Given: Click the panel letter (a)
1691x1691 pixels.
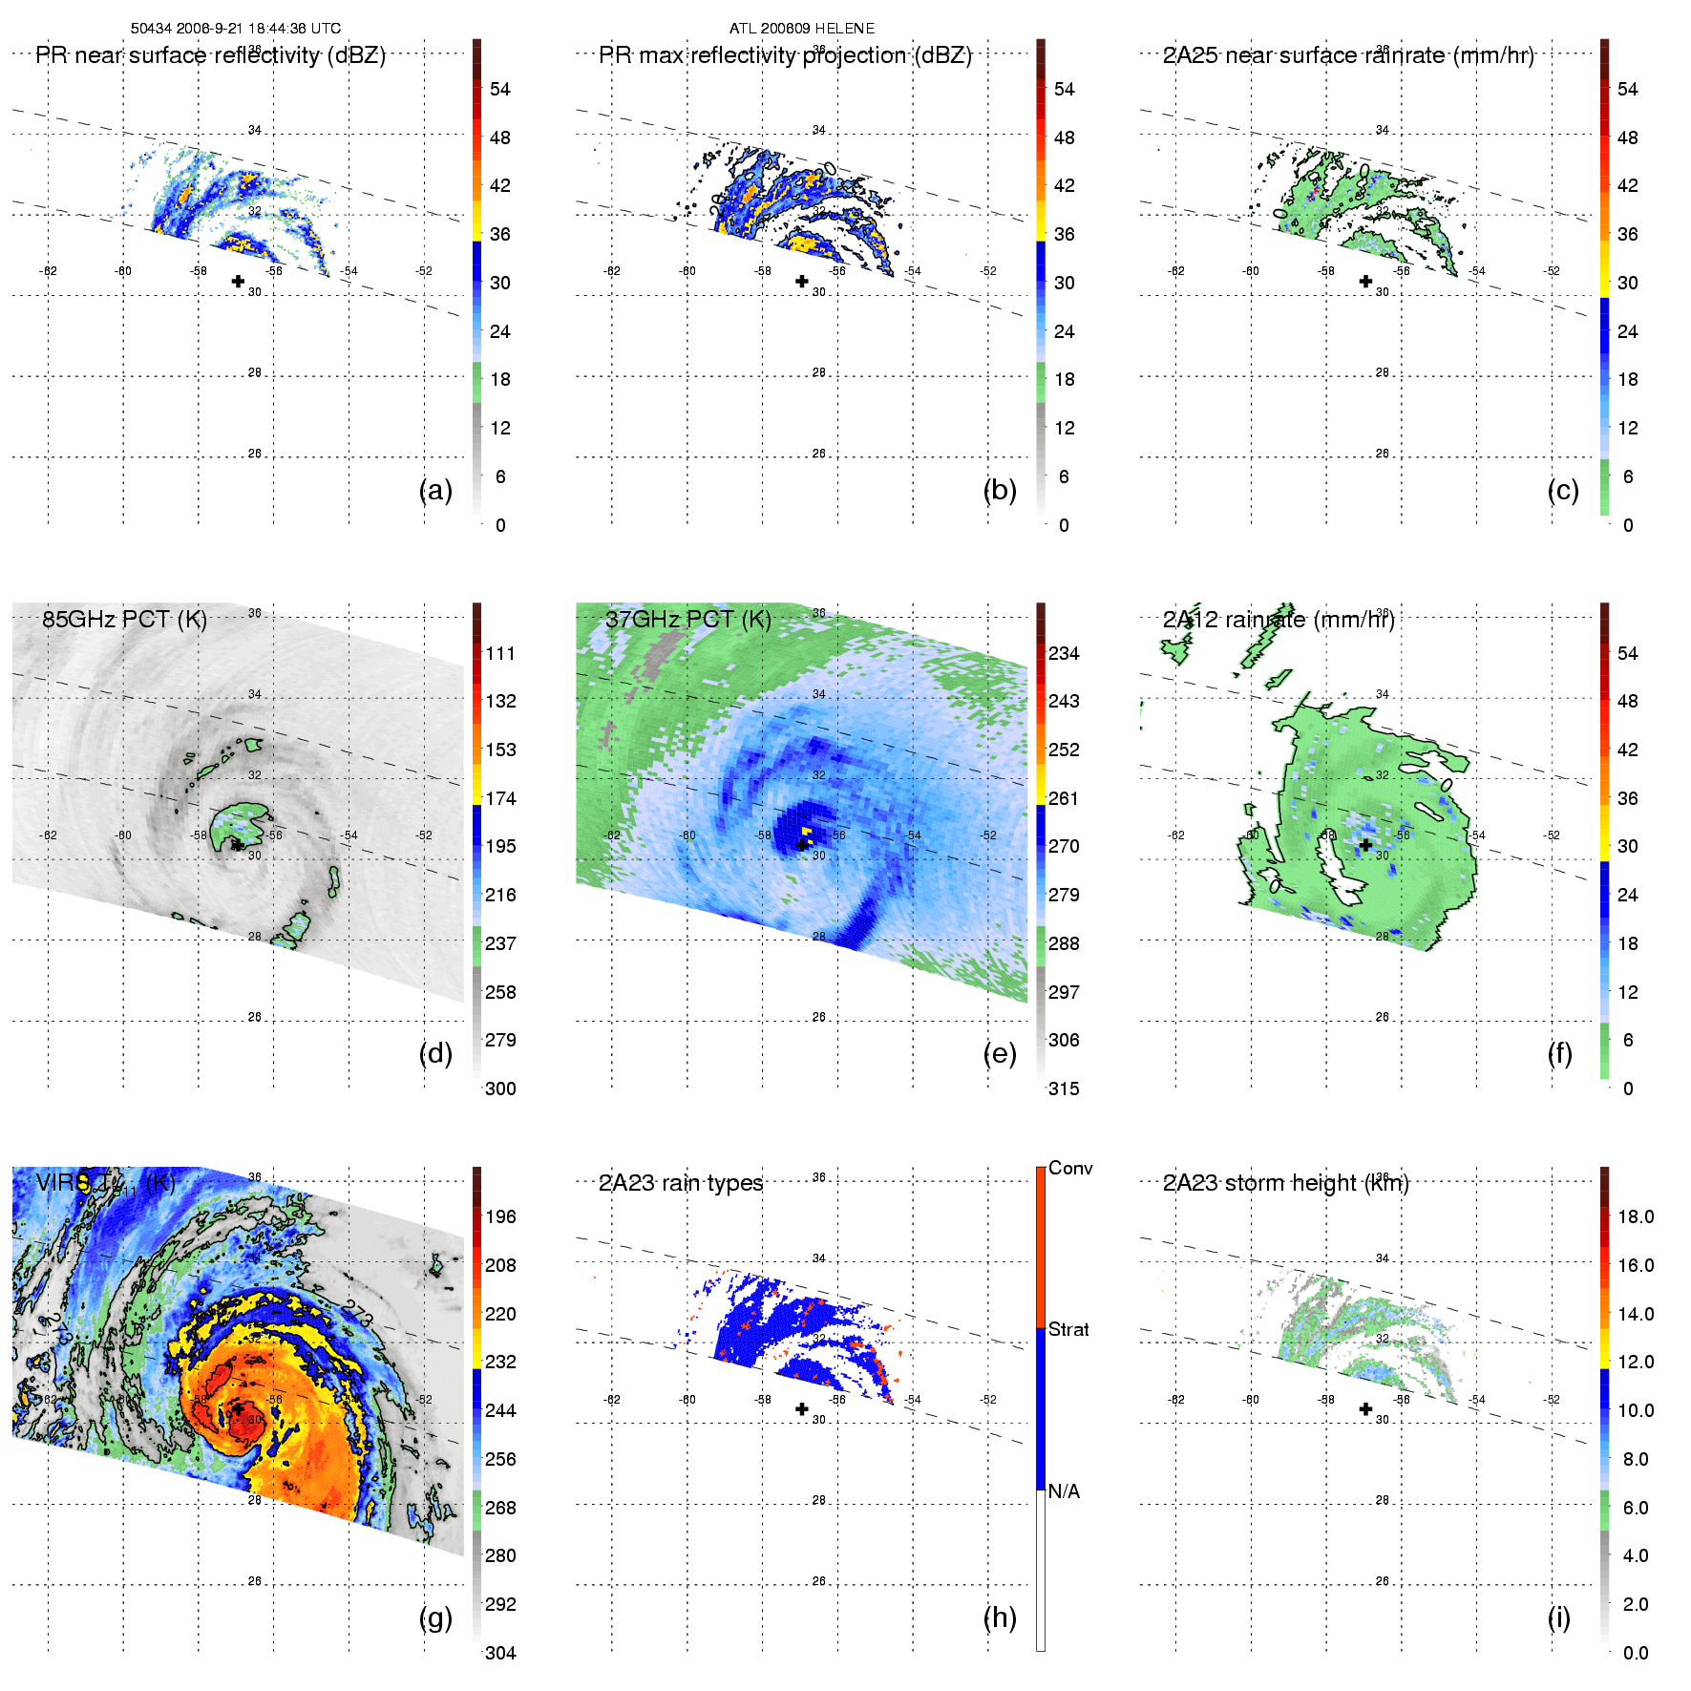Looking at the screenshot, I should [x=435, y=490].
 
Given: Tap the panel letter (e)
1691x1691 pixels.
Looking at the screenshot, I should [x=999, y=1053].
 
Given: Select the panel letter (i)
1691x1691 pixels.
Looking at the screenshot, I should [x=1558, y=1617].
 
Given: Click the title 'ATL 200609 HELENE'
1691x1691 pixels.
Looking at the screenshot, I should [x=802, y=29].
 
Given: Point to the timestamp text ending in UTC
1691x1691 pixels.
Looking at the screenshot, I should [x=236, y=29].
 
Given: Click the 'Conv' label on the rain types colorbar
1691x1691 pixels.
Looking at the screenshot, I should [x=1070, y=1168].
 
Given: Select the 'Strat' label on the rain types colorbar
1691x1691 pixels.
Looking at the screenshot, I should [x=1068, y=1329].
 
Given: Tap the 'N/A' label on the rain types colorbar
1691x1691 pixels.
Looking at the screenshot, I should [x=1064, y=1491].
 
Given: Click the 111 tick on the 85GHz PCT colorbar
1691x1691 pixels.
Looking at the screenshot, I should [x=500, y=653].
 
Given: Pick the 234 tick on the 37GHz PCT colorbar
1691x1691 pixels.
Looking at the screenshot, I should [x=1064, y=653].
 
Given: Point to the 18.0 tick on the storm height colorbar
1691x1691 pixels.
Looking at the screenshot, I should [x=1636, y=1216].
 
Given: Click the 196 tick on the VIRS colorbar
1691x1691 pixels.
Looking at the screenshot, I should [x=500, y=1216].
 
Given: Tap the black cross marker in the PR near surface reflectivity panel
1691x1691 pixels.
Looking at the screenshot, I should [x=238, y=281].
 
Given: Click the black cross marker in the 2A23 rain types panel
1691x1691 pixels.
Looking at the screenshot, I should [x=802, y=1408].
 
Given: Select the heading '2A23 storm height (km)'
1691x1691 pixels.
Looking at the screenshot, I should [x=1285, y=1183].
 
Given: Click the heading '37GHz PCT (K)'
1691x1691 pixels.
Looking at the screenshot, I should [x=687, y=620].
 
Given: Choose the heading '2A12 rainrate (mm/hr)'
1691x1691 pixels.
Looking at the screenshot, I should [x=1279, y=620].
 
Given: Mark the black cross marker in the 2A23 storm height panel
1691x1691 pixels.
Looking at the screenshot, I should [x=1365, y=1408].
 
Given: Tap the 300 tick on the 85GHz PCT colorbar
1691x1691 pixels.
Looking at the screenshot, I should [x=500, y=1089].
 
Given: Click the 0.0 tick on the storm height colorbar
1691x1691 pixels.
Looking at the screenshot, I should [x=1636, y=1653].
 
